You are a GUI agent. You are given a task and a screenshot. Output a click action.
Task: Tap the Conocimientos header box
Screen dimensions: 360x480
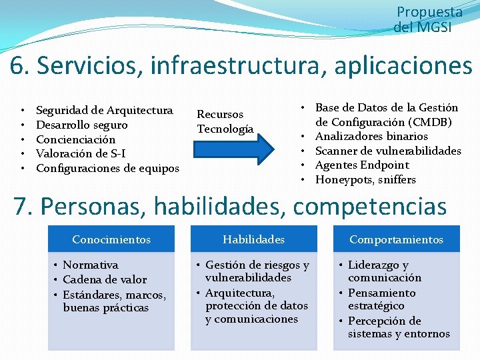111,239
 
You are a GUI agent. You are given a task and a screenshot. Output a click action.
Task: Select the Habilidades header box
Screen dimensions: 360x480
253,239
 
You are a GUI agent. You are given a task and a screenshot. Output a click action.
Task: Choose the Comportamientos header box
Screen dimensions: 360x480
396,239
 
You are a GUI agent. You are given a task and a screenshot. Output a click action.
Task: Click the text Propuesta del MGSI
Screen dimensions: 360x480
426,20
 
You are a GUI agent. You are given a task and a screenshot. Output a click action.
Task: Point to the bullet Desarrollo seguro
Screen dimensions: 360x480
81,125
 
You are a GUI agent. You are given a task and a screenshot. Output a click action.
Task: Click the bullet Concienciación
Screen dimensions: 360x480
75,139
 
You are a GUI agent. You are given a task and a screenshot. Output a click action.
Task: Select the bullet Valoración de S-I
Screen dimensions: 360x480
81,154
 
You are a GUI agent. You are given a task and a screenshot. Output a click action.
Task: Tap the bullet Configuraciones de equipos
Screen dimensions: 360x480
107,169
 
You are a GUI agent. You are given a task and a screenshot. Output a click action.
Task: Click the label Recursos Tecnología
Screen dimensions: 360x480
225,122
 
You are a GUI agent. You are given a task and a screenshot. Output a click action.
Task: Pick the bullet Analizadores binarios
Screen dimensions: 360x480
371,136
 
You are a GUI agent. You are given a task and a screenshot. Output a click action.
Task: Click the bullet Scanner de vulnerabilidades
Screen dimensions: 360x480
387,151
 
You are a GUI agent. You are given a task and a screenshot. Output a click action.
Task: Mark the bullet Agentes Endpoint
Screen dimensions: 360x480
362,165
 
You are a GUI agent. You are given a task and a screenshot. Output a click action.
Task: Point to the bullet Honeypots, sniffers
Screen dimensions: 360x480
365,180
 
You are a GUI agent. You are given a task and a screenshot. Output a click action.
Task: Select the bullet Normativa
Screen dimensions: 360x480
90,265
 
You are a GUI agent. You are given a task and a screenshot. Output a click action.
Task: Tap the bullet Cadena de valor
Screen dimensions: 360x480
104,279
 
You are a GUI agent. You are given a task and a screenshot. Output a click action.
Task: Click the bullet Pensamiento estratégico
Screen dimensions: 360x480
381,299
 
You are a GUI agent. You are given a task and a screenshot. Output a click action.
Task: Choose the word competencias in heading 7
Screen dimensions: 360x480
369,206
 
